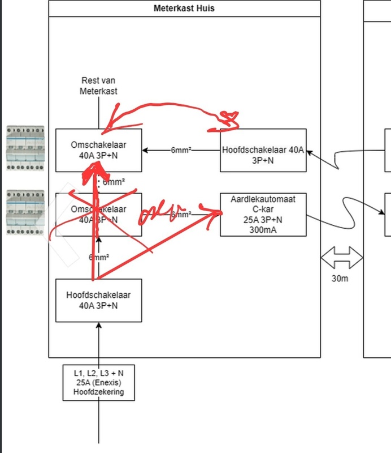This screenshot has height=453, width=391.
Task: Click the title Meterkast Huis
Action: (x=184, y=8)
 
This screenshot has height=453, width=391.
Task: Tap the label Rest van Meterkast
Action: (x=99, y=86)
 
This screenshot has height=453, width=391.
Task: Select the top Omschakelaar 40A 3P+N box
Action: (x=98, y=150)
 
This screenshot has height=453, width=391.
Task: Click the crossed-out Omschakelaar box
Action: (x=98, y=215)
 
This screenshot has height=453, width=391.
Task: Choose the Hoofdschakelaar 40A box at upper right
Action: (x=263, y=150)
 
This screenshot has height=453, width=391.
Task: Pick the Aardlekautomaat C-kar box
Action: (x=263, y=215)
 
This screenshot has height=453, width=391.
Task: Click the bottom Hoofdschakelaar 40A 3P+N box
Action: (x=98, y=300)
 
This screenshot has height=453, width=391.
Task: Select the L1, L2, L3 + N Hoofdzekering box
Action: (x=99, y=382)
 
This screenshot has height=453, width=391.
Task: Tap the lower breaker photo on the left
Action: (x=25, y=212)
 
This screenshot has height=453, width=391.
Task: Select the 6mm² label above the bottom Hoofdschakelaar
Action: (x=99, y=257)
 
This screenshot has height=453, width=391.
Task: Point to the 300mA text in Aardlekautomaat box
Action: (x=263, y=229)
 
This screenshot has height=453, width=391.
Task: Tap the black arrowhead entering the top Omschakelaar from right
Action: (x=146, y=150)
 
